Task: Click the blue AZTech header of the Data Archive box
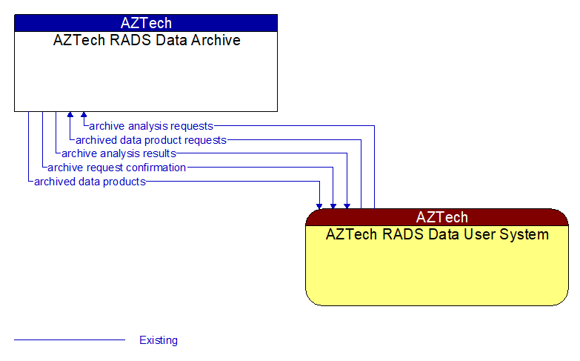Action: click(146, 22)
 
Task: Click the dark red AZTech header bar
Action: click(437, 217)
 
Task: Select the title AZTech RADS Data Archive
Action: click(146, 41)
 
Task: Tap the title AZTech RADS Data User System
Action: click(437, 235)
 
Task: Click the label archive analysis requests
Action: click(151, 126)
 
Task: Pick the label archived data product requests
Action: click(151, 140)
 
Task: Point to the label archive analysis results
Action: click(119, 153)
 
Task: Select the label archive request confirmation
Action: click(116, 168)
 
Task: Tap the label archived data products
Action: click(90, 182)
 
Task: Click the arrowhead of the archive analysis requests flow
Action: click(84, 116)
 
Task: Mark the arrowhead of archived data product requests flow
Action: click(70, 116)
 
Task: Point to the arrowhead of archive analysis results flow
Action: click(347, 205)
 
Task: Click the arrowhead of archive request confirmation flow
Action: click(333, 205)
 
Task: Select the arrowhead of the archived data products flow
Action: click(320, 205)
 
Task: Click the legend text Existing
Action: click(159, 340)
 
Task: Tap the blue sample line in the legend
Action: click(70, 340)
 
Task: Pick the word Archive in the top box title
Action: click(216, 41)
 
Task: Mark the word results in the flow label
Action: click(159, 153)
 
